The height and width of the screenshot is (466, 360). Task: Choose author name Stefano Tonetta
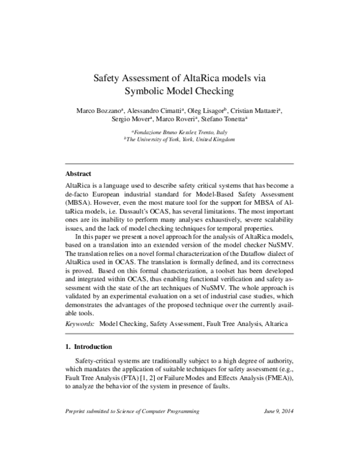coord(225,120)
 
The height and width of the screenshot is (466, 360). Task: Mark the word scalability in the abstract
coord(271,220)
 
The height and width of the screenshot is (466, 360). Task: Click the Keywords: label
coord(80,324)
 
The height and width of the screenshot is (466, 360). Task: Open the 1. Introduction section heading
coord(88,346)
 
